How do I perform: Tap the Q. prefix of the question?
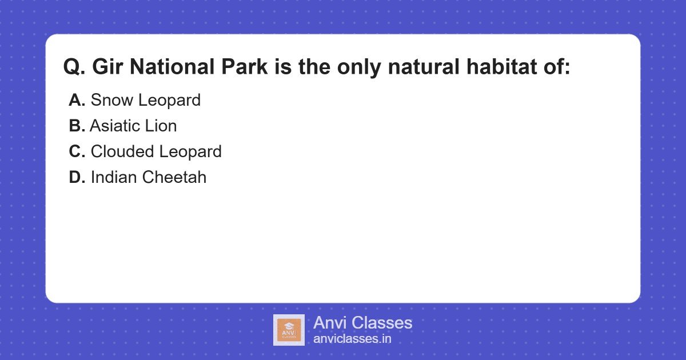point(74,67)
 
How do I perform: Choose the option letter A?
point(77,101)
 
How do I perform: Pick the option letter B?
point(77,126)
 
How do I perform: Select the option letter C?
point(77,152)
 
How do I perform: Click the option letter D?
point(77,178)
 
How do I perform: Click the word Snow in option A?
point(111,101)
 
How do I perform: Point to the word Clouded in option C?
point(122,152)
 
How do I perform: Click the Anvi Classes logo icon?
point(289,330)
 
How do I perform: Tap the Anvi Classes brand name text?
point(362,323)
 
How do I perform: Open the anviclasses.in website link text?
point(352,339)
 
